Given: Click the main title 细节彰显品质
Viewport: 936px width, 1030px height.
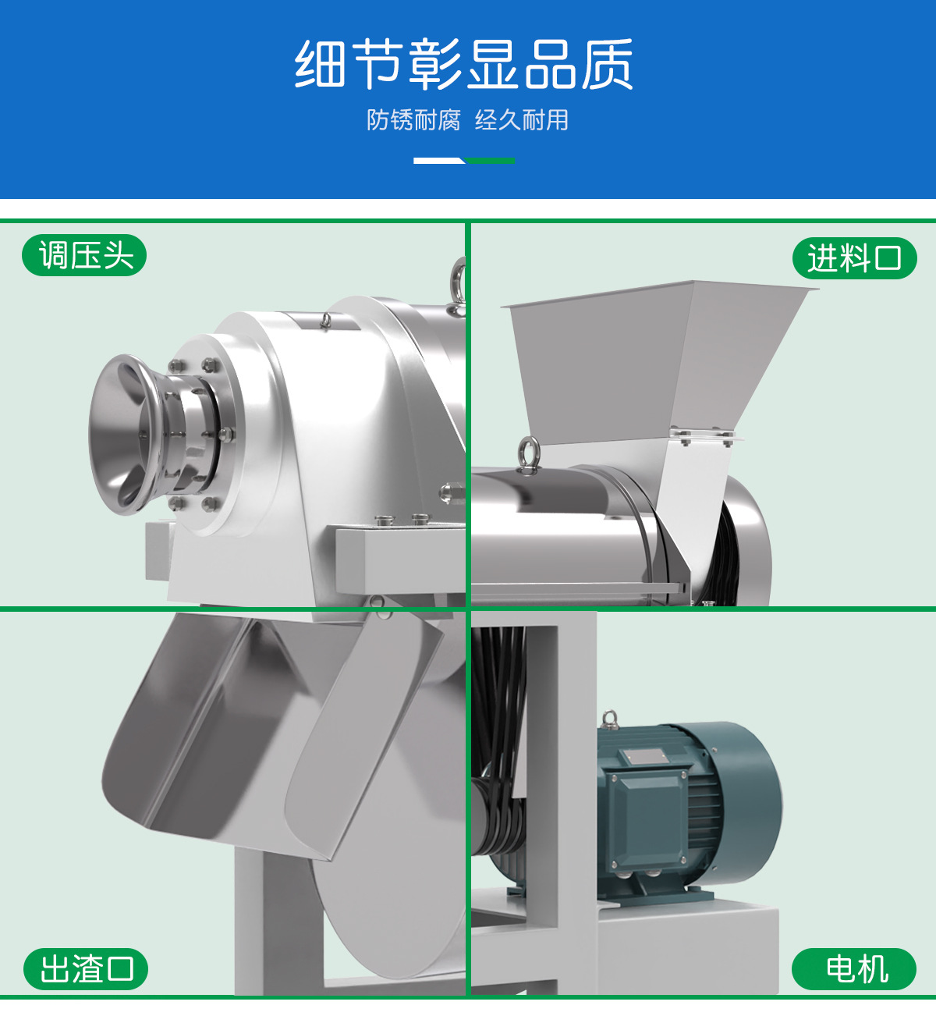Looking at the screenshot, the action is (x=463, y=64).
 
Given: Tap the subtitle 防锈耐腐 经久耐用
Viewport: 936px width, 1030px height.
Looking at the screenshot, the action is (x=467, y=120).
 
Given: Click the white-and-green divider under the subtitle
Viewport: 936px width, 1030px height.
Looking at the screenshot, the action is (x=464, y=161).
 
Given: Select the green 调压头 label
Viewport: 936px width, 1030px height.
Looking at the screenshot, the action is (x=84, y=255).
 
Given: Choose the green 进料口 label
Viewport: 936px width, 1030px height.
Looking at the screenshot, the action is (x=855, y=258).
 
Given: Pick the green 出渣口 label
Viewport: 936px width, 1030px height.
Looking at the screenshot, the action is (x=86, y=969).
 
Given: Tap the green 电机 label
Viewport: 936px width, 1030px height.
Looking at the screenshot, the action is (x=854, y=969).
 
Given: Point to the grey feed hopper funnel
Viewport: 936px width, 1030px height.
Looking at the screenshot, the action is (x=652, y=360).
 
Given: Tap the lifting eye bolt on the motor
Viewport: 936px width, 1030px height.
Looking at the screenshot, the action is (x=609, y=720).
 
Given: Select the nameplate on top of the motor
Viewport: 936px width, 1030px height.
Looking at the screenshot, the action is (x=642, y=757).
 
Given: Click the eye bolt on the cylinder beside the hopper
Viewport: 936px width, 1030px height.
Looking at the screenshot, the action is (x=528, y=454).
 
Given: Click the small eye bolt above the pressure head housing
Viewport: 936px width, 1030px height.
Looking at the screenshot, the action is (x=325, y=321).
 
